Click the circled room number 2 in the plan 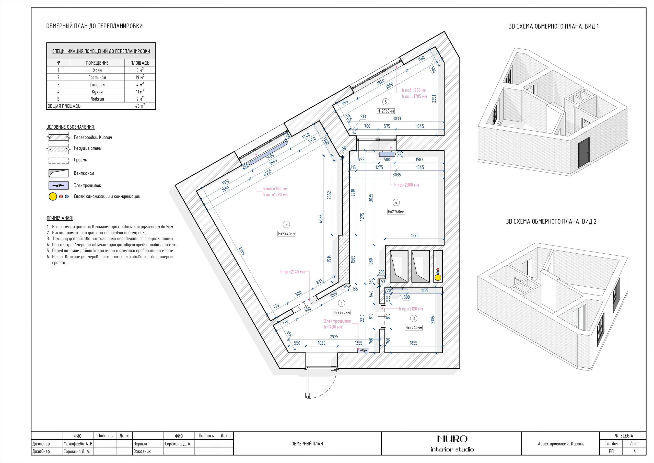(286, 224)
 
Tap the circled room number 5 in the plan (386, 102)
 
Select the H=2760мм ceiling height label (386, 111)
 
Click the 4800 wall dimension (242, 251)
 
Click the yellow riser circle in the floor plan (438, 277)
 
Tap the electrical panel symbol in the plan (363, 351)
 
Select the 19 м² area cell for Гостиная (140, 77)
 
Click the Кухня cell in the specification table (97, 92)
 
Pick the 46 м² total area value (140, 106)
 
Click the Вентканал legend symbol (59, 173)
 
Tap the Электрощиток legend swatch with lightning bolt (59, 186)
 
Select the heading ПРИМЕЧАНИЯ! (60, 218)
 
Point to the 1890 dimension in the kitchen (414, 235)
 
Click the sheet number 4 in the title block (635, 451)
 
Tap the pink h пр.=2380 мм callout (406, 185)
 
